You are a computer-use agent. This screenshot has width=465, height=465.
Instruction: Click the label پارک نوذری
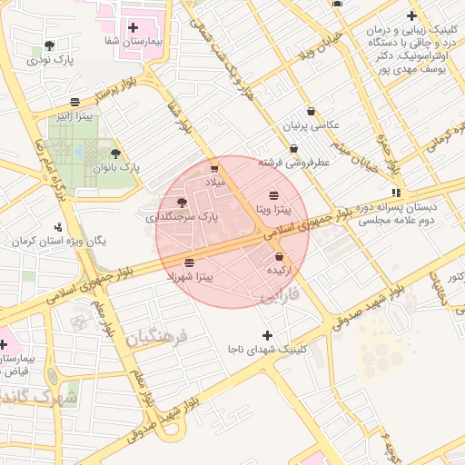pyautogui.click(x=49, y=60)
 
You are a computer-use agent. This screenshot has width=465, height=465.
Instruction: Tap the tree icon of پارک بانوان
pyautogui.click(x=114, y=153)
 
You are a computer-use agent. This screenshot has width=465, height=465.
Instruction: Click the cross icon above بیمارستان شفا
pyautogui.click(x=134, y=27)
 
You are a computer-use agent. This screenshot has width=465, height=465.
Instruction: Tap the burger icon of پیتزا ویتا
pyautogui.click(x=274, y=195)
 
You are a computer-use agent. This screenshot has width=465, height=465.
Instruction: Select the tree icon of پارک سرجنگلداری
pyautogui.click(x=181, y=203)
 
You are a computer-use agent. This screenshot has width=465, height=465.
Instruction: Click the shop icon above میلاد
pyautogui.click(x=214, y=168)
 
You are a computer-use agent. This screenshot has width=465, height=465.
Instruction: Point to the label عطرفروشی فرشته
pyautogui.click(x=293, y=163)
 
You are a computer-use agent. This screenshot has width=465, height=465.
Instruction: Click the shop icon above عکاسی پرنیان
pyautogui.click(x=311, y=111)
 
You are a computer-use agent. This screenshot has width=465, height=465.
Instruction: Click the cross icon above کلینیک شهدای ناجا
pyautogui.click(x=267, y=335)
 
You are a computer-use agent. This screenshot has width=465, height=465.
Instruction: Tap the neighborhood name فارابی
pyautogui.click(x=278, y=297)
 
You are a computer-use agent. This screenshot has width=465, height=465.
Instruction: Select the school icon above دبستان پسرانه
pyautogui.click(x=395, y=193)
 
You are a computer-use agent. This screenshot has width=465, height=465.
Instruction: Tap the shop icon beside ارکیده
pyautogui.click(x=279, y=257)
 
